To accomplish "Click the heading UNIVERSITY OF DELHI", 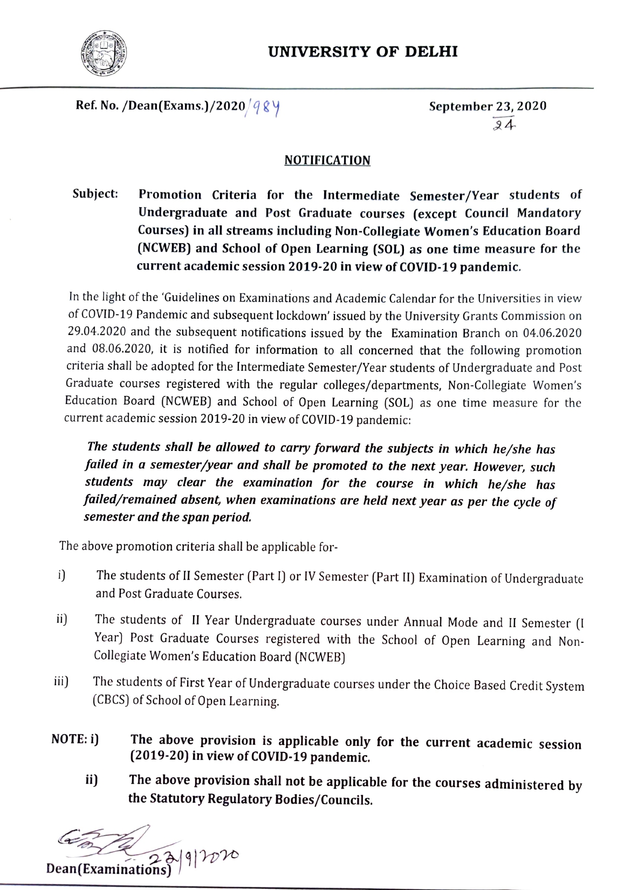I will click(363, 52).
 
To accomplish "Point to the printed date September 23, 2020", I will click(488, 106).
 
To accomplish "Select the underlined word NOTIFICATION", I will click(327, 160).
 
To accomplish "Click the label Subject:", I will click(96, 194).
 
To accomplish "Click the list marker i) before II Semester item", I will click(61, 575).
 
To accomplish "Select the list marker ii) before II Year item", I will click(61, 619).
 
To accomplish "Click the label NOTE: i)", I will click(75, 739).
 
